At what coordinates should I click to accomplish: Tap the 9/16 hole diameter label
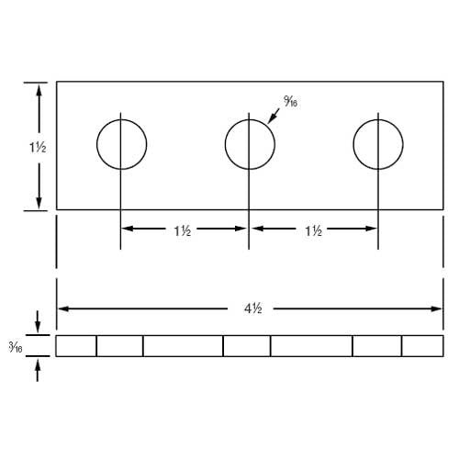(291, 101)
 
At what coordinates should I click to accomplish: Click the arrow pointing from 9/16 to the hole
(274, 116)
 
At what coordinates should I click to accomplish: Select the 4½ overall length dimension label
(253, 308)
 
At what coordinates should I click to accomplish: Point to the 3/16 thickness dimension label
(16, 347)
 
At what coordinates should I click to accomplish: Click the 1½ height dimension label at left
(38, 148)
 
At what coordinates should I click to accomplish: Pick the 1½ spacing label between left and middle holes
(183, 230)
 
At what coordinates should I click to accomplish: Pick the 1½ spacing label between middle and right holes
(314, 230)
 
